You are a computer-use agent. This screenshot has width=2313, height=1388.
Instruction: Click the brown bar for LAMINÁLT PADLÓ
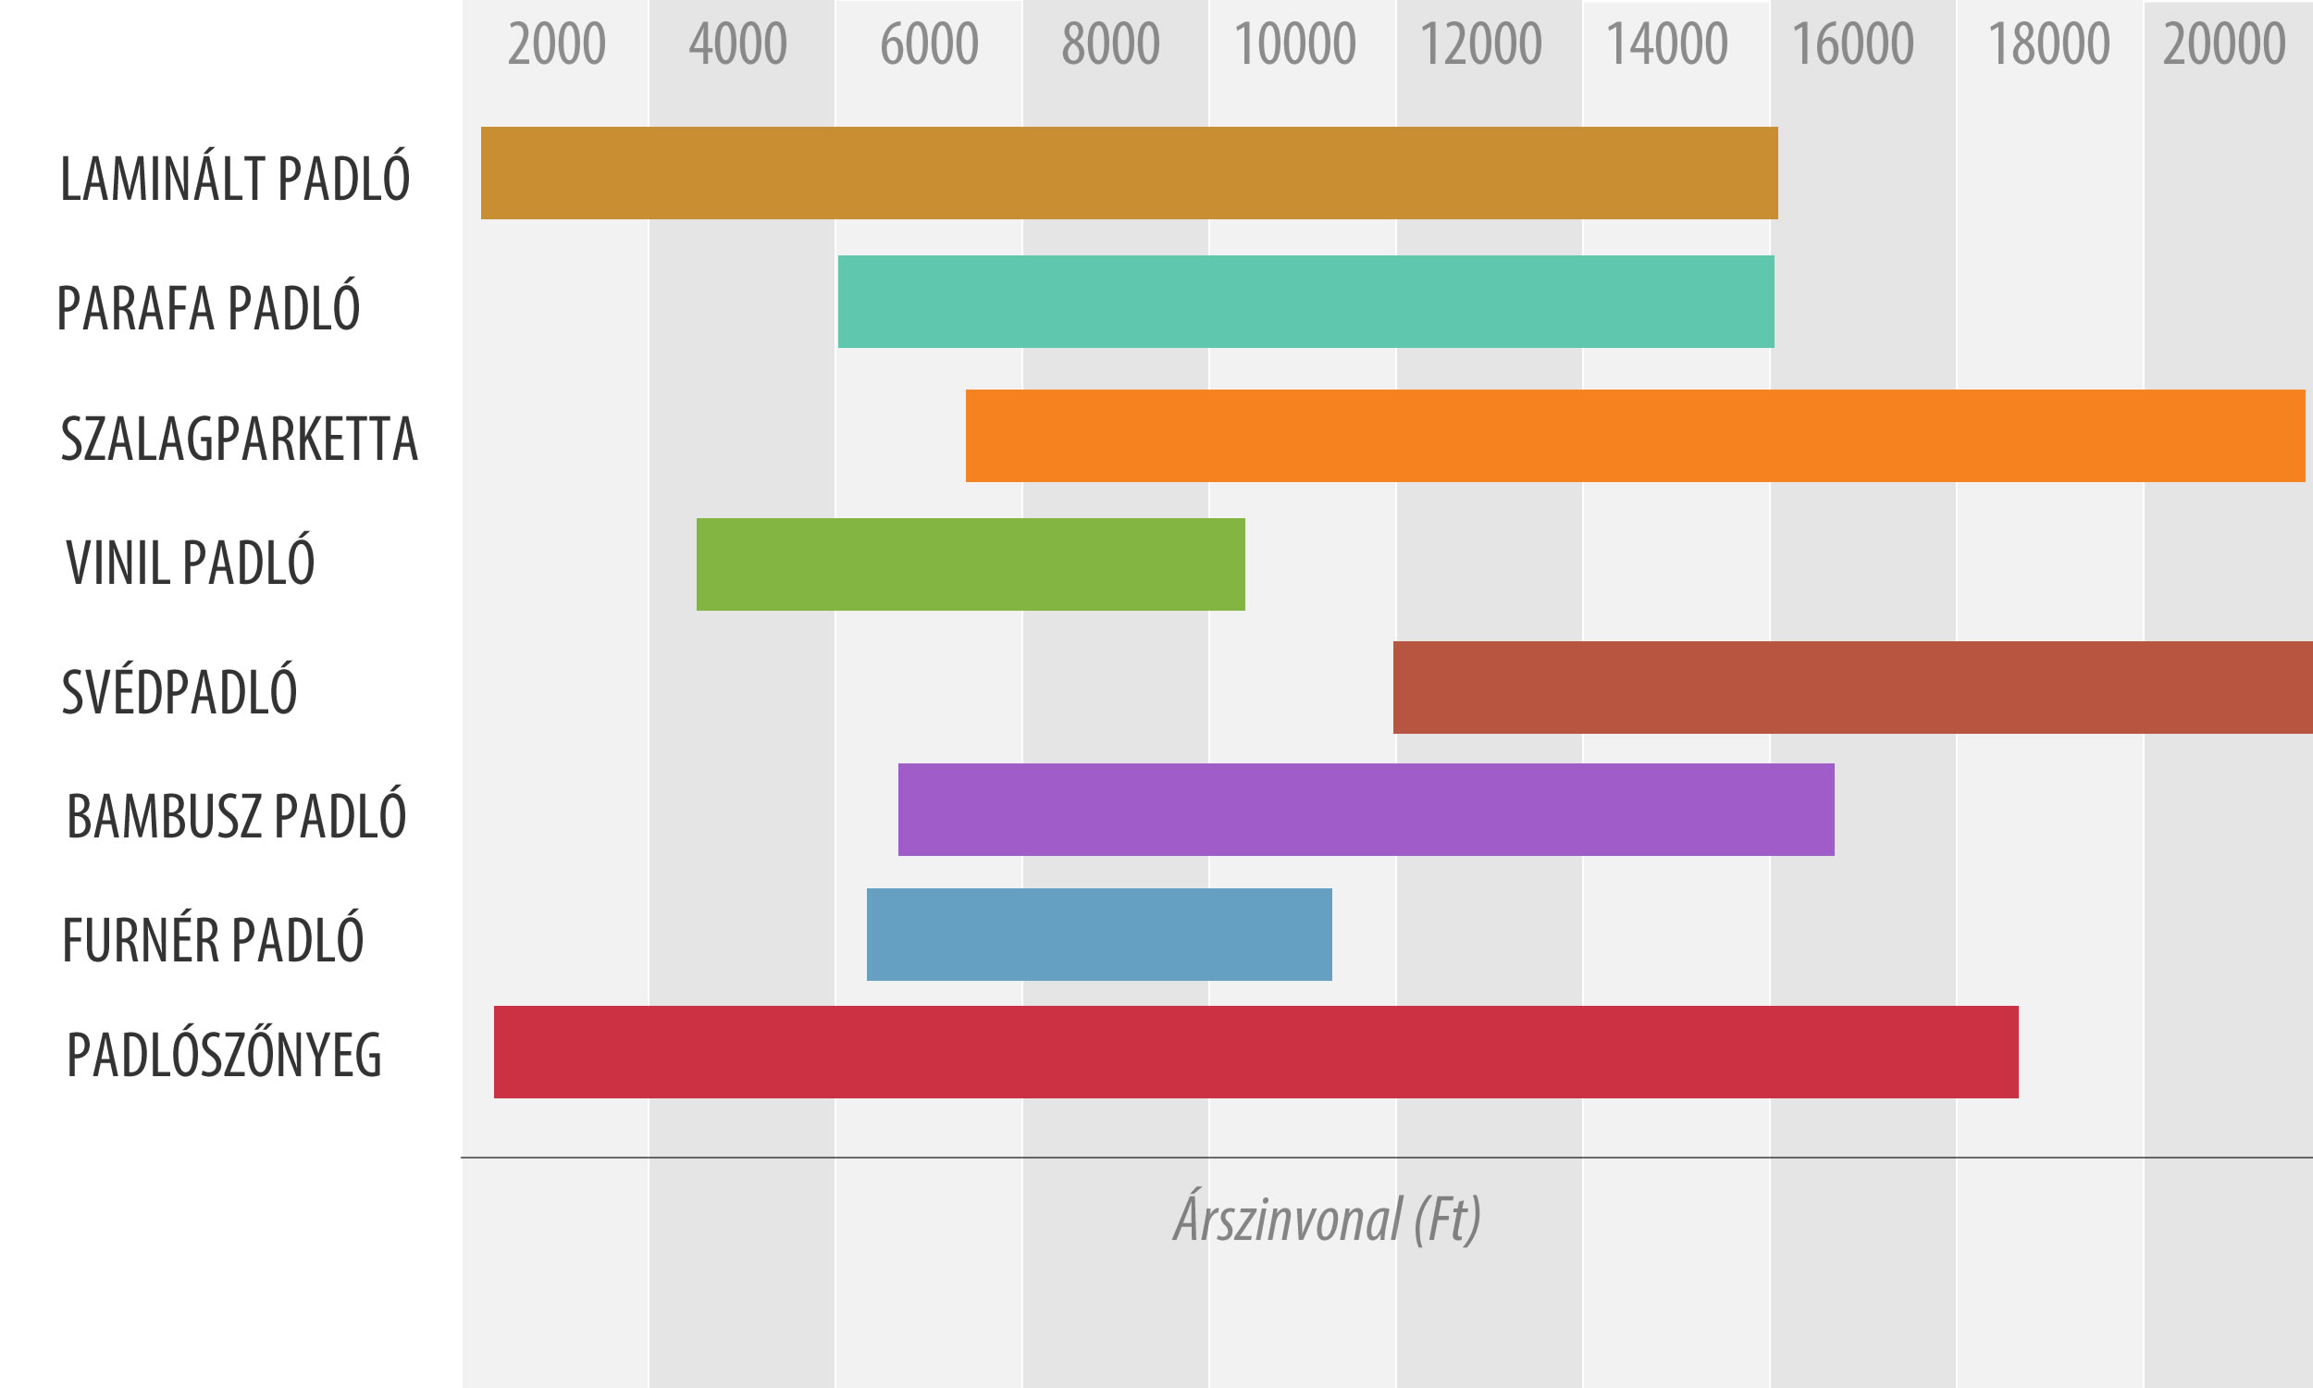1129,173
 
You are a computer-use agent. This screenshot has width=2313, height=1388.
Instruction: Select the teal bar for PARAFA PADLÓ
1305,301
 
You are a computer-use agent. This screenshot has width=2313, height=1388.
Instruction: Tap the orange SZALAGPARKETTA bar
1634,436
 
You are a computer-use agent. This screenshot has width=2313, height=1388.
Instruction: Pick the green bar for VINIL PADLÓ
970,564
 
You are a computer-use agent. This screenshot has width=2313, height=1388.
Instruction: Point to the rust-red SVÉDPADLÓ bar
1851,688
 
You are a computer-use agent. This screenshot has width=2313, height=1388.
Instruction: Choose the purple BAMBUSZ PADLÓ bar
1365,809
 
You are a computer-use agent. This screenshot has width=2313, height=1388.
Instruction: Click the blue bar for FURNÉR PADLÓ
1098,935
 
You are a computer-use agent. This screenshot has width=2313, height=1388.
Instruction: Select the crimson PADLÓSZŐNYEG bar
1255,1052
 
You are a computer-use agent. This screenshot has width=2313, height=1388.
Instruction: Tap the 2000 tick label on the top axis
556,44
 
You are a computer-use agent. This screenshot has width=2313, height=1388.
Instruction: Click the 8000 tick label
1109,44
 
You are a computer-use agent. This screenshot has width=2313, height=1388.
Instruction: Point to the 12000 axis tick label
1480,44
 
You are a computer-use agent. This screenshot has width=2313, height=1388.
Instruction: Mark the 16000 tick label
1852,44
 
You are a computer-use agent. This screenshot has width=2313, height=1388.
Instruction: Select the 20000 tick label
2223,44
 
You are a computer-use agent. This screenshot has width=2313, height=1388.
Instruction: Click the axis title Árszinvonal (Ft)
1327,1219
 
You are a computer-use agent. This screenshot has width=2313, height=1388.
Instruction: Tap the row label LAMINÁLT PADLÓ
235,178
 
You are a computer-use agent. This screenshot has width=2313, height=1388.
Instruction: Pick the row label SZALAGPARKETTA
239,439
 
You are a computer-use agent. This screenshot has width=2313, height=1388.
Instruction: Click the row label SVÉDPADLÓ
179,691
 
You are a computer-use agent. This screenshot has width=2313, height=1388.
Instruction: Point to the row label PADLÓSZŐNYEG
225,1055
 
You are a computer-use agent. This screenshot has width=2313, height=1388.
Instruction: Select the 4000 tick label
737,44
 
